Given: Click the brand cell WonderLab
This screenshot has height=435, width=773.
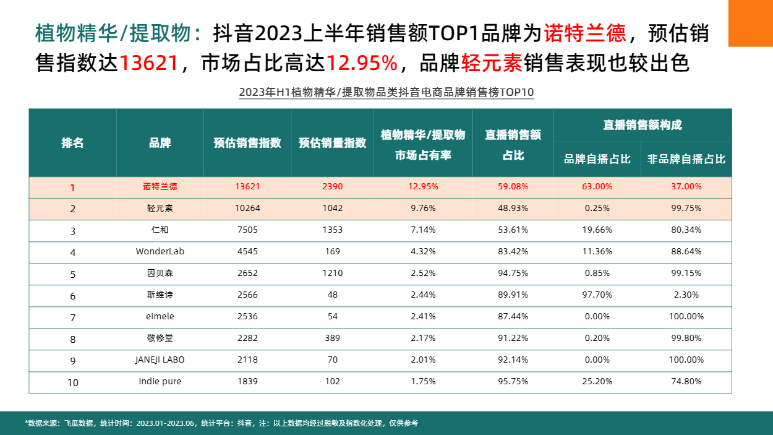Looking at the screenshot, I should click(160, 252).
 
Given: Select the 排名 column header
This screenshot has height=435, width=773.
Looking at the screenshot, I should click(72, 143).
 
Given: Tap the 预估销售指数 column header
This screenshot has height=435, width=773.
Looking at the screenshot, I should click(247, 143).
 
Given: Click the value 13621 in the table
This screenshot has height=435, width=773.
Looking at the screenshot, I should click(247, 186).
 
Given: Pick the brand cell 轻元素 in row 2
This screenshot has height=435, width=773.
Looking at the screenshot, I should click(160, 209).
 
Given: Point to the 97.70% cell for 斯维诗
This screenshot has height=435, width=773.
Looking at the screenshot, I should click(597, 295).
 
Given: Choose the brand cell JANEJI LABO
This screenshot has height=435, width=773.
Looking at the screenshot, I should click(160, 360).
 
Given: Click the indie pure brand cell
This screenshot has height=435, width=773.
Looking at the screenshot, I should click(160, 381).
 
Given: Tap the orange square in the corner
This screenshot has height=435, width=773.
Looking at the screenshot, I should click(750, 23).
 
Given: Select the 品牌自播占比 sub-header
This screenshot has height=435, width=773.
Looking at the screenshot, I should click(597, 159).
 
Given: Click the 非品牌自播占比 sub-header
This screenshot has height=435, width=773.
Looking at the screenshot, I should click(686, 159).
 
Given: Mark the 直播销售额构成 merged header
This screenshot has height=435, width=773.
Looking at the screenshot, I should click(643, 125).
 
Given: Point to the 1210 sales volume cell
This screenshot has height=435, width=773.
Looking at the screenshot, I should click(332, 273).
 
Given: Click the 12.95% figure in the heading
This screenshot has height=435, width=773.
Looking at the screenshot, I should click(362, 63).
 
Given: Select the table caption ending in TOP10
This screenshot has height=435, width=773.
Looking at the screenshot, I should click(386, 93).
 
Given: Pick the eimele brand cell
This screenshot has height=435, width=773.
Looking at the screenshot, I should click(160, 316).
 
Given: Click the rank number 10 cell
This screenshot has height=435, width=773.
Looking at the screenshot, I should click(72, 382).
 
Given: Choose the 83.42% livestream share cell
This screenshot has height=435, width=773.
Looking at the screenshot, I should click(513, 252).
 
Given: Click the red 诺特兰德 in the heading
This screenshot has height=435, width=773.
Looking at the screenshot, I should click(584, 33).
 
